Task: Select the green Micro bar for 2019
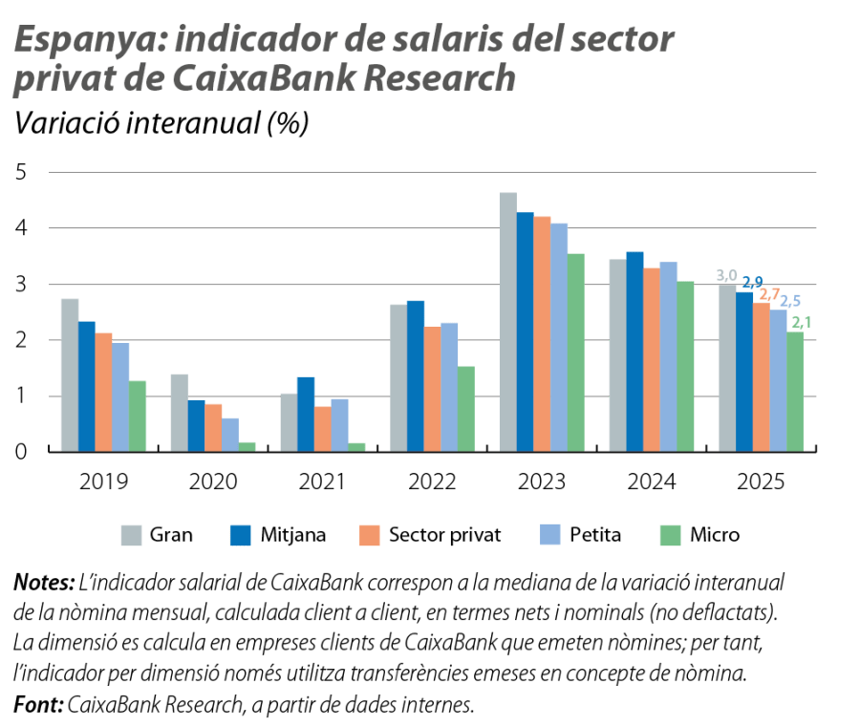139,416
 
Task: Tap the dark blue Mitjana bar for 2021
305,413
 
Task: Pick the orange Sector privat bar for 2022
433,388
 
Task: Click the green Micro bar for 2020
248,445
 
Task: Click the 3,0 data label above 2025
726,276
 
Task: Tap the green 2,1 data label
803,323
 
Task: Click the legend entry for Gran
157,535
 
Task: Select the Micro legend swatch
674,535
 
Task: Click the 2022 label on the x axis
432,482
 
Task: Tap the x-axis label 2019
102,482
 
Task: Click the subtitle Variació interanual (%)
159,124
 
